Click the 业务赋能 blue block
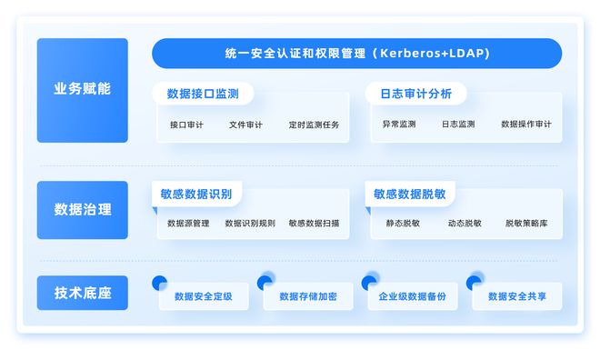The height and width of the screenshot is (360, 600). pos(82,90)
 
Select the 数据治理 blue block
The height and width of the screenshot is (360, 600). pos(82,209)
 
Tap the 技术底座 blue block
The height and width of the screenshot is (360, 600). pos(82,293)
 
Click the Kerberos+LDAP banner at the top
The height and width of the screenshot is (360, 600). pos(356,54)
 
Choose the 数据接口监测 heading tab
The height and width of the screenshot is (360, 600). pos(203,94)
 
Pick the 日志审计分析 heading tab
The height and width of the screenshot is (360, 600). pos(415,94)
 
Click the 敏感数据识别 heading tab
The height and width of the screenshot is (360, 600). pos(196,195)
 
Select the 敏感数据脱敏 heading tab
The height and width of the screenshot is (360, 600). pos(410,195)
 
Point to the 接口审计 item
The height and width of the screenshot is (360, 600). pos(186,125)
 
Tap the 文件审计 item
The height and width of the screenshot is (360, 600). pos(245,125)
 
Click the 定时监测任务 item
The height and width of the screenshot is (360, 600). pos(314,125)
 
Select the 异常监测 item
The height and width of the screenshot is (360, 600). pos(399,124)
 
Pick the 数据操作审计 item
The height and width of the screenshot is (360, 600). pos(525,124)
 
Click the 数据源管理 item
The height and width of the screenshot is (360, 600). pos(188,223)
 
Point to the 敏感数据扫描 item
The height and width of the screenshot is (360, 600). pos(314,223)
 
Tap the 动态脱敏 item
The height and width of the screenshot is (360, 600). pos(465,223)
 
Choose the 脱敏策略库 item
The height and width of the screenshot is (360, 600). pos(526,223)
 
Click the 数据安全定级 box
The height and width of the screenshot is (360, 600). pos(203,296)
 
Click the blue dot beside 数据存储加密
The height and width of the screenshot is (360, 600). pos(265,282)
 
